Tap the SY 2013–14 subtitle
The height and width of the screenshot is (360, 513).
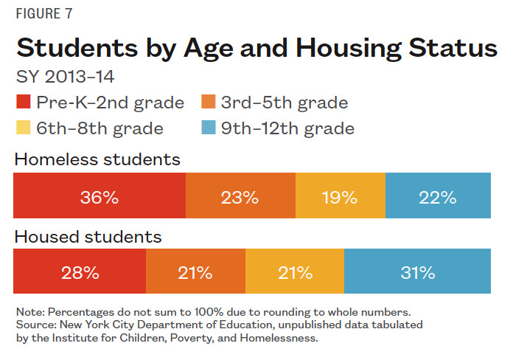[x=65, y=76]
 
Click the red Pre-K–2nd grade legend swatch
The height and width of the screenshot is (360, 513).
[x=22, y=103]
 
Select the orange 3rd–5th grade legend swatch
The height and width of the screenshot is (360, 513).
[x=208, y=103]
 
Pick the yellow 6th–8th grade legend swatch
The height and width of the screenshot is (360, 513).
[x=22, y=128]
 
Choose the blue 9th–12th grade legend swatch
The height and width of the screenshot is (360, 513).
[x=208, y=128]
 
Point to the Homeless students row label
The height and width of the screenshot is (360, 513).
[x=97, y=159]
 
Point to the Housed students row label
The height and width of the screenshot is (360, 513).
[x=88, y=237]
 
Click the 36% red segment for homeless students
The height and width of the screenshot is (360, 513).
[x=100, y=197]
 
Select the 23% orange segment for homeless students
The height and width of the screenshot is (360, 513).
[x=240, y=197]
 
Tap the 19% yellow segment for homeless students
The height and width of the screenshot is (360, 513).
[x=340, y=197]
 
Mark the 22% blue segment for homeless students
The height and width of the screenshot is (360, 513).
[x=438, y=197]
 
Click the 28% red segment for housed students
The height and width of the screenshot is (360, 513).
[x=80, y=273]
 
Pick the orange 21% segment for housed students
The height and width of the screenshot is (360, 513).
[x=195, y=273]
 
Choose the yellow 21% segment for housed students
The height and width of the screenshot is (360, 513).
[x=295, y=273]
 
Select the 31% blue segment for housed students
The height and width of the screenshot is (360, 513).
[x=417, y=273]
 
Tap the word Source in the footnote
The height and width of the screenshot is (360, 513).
[x=33, y=325]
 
